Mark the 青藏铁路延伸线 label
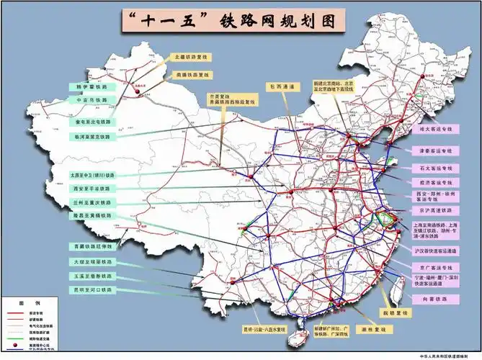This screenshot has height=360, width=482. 92,246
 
